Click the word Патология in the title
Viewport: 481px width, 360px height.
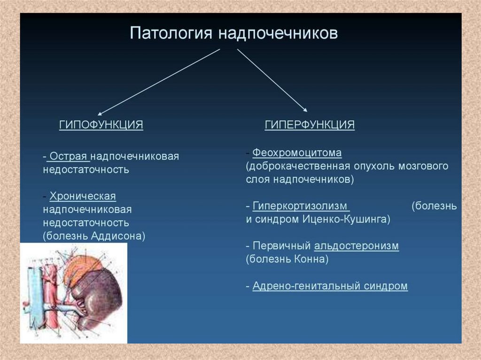click(x=171, y=33)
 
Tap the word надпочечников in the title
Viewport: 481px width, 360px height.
click(x=278, y=33)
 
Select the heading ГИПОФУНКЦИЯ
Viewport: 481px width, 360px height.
click(x=101, y=125)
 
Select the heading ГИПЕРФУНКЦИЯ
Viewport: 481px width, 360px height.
click(x=310, y=125)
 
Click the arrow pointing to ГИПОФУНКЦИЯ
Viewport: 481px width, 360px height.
click(x=159, y=82)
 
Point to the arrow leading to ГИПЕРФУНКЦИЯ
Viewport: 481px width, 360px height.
click(x=272, y=80)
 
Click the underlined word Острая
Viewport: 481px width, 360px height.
click(x=69, y=156)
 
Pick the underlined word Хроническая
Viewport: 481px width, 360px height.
click(x=83, y=196)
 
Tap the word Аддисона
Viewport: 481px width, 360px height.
click(x=118, y=236)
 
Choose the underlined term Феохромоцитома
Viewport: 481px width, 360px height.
click(x=297, y=153)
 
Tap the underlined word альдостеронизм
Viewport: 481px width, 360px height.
click(x=357, y=245)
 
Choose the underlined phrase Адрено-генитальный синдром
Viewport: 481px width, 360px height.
click(x=330, y=286)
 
